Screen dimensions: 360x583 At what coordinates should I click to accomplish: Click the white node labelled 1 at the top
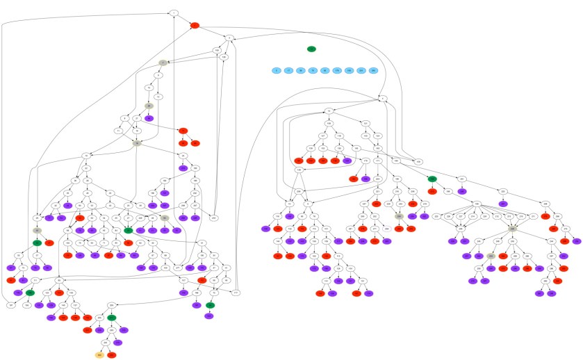point(174,13)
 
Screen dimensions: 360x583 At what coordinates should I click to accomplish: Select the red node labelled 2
point(195,25)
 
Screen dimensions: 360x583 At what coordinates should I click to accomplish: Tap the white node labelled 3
point(228,37)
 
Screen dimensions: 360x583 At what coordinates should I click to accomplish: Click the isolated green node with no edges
point(312,49)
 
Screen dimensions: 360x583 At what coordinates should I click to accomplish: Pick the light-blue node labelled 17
point(288,70)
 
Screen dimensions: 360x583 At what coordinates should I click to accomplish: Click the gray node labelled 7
point(161,63)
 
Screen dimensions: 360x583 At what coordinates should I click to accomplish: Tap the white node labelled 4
point(384,99)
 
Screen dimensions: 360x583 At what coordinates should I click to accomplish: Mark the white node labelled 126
point(329,123)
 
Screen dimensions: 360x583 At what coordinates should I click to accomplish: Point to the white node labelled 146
point(299,170)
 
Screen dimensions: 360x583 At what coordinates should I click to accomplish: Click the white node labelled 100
point(216,51)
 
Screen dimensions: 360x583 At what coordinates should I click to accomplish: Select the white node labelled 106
point(224,58)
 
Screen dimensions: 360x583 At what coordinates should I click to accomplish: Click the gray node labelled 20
point(149,106)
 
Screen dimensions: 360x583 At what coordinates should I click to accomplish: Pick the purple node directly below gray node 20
point(149,118)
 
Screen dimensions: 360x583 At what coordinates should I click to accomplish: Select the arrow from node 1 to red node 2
point(184,19)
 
